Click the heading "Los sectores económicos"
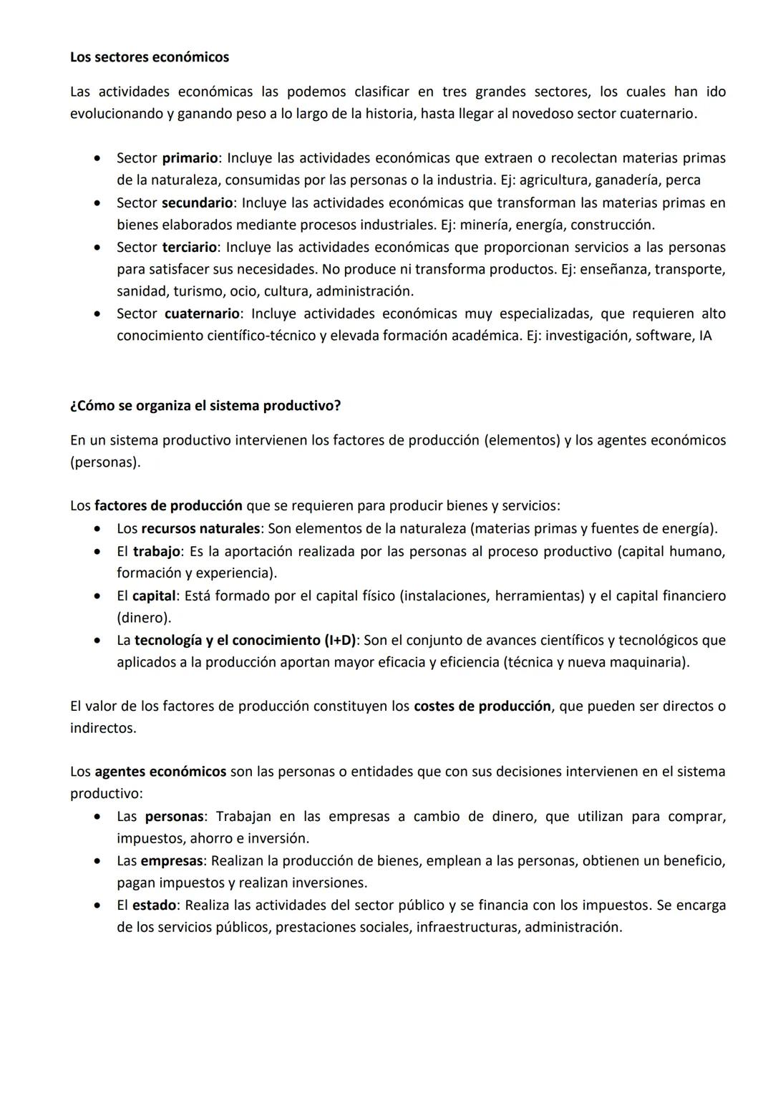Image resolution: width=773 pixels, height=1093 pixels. click(x=149, y=57)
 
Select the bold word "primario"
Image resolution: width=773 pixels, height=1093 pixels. click(x=190, y=158)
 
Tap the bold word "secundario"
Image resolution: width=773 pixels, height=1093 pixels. click(x=197, y=203)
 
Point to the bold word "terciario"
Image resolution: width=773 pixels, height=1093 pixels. click(x=189, y=248)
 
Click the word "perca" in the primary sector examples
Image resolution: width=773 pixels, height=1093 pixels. click(x=683, y=180)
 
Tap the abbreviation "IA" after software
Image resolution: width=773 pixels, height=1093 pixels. click(x=705, y=336)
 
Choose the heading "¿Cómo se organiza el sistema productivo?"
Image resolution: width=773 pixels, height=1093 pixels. click(x=205, y=406)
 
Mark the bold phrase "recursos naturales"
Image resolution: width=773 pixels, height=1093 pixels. click(x=200, y=529)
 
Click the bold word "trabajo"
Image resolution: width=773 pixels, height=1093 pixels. click(x=156, y=552)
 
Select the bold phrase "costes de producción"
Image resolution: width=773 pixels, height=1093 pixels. click(x=482, y=706)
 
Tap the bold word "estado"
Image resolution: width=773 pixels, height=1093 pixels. click(x=154, y=905)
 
